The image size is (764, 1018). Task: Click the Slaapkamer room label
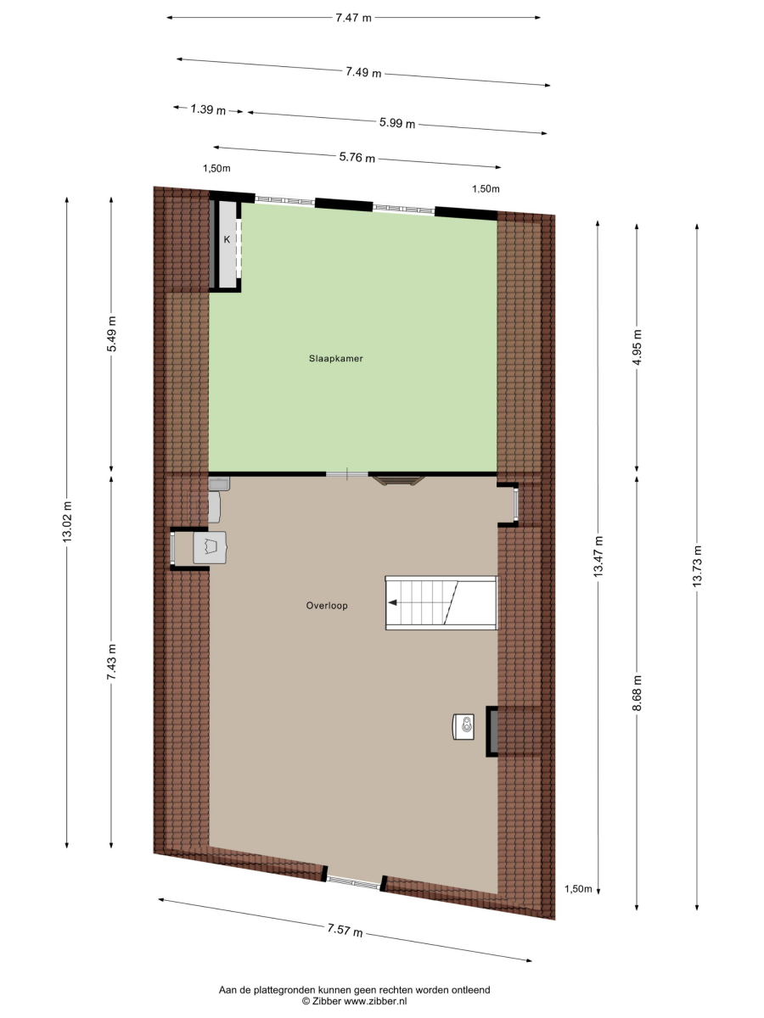pyautogui.click(x=336, y=359)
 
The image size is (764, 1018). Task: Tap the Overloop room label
pyautogui.click(x=327, y=605)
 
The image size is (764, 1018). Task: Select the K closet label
pyautogui.click(x=227, y=239)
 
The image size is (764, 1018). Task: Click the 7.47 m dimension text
pyautogui.click(x=353, y=18)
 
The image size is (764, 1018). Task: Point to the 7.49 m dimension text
pyautogui.click(x=363, y=72)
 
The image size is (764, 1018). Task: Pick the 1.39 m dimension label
pyautogui.click(x=208, y=109)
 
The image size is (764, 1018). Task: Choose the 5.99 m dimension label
pyautogui.click(x=397, y=123)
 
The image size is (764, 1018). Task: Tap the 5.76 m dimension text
pyautogui.click(x=357, y=157)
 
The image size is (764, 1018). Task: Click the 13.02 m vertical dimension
pyautogui.click(x=67, y=522)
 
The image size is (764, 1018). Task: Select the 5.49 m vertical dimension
pyautogui.click(x=112, y=334)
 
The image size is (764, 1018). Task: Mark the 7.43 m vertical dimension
pyautogui.click(x=112, y=663)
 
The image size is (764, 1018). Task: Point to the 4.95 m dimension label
pyautogui.click(x=637, y=347)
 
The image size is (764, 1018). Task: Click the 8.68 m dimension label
pyautogui.click(x=637, y=693)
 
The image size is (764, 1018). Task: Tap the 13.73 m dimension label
pyautogui.click(x=697, y=567)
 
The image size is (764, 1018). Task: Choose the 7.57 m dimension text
pyautogui.click(x=345, y=930)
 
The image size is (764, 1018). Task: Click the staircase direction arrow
pyautogui.click(x=392, y=602)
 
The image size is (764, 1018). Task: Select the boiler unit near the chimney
pyautogui.click(x=463, y=727)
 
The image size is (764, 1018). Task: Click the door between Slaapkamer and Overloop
pyautogui.click(x=347, y=474)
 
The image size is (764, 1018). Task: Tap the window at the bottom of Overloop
pyautogui.click(x=353, y=882)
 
